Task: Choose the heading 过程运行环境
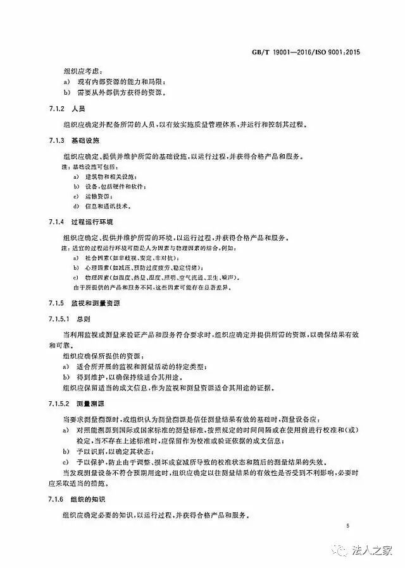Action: click(x=92, y=223)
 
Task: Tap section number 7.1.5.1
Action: click(x=61, y=319)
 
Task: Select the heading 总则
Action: click(x=84, y=319)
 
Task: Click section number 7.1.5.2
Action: click(x=61, y=402)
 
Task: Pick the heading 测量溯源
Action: click(x=92, y=402)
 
